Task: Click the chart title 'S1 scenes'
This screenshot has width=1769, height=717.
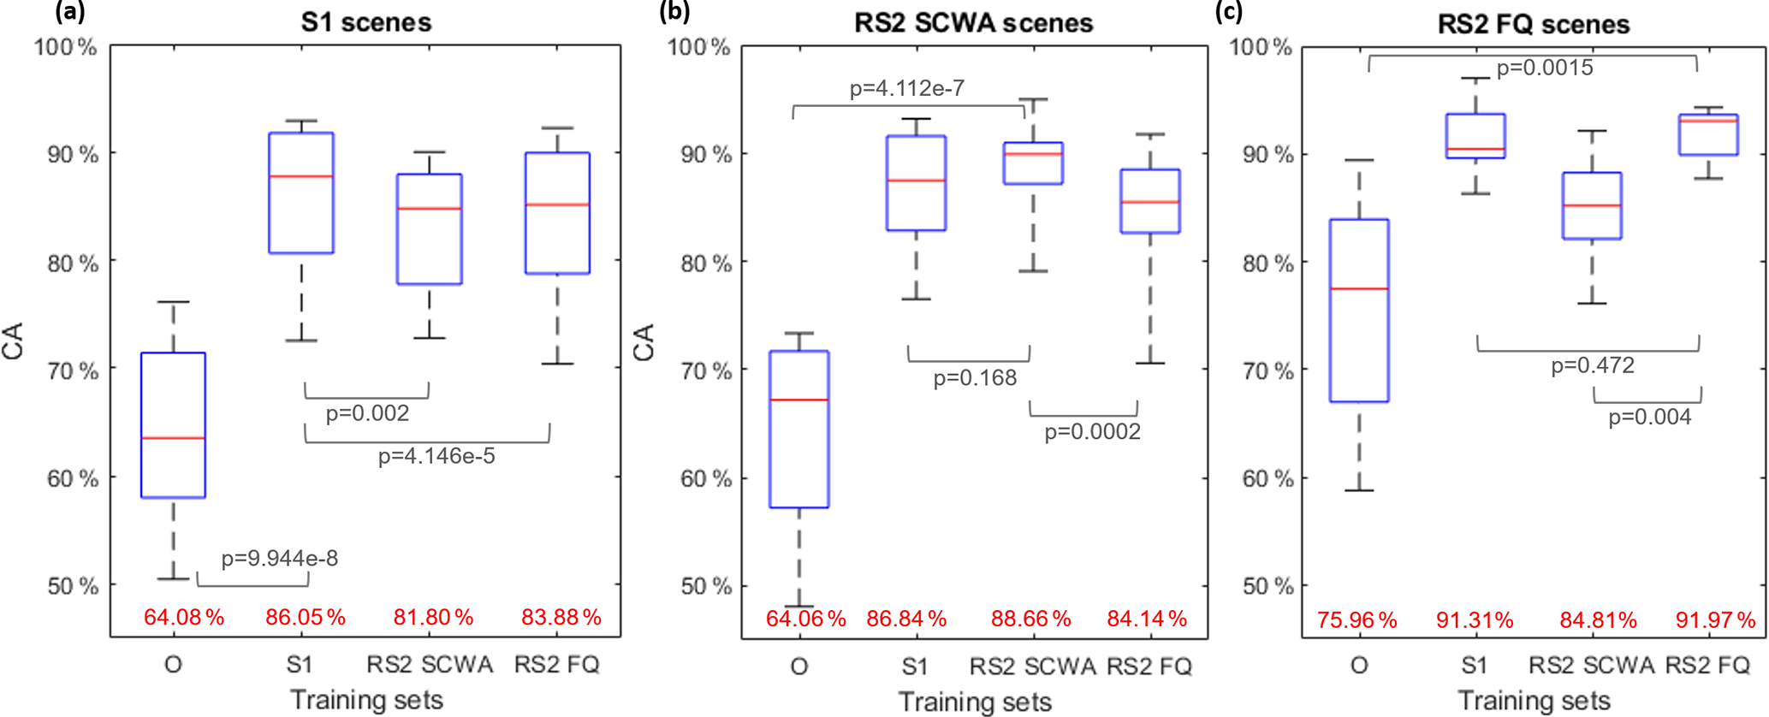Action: tap(366, 22)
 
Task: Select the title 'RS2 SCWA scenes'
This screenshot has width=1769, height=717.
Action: tap(973, 22)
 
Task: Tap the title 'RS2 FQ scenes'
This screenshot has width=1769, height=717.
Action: tap(1533, 24)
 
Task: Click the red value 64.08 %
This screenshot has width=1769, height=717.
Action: tap(183, 617)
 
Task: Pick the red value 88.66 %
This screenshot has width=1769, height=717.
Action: tap(1030, 619)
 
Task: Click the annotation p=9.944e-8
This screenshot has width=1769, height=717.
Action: tap(280, 559)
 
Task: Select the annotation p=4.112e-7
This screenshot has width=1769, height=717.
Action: tap(907, 88)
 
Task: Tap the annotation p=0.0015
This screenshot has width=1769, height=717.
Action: tap(1545, 68)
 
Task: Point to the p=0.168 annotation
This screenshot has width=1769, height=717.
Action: tap(975, 377)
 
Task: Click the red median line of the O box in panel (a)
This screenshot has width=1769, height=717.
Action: tap(173, 438)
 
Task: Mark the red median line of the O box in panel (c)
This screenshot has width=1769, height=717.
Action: tap(1359, 289)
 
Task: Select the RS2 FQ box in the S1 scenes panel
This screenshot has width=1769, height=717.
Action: tap(557, 214)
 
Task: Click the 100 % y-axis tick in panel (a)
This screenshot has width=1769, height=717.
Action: tap(65, 46)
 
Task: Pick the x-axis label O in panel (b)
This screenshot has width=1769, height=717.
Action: tap(798, 666)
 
